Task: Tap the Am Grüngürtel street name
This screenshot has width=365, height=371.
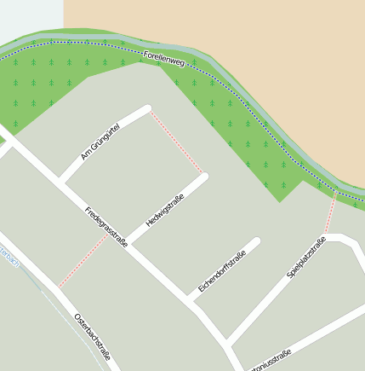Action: (x=100, y=141)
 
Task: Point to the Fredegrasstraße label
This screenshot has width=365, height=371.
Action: (x=106, y=227)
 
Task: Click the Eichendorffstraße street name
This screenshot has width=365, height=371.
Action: (x=222, y=272)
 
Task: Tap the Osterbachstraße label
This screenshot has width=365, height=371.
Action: (x=92, y=336)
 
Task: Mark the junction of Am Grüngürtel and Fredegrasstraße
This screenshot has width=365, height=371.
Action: (x=60, y=181)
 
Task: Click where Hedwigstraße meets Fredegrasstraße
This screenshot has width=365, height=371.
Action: (x=129, y=241)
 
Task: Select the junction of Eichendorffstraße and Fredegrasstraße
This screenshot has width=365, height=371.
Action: (x=191, y=298)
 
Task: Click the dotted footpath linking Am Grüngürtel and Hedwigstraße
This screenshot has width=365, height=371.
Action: (x=177, y=142)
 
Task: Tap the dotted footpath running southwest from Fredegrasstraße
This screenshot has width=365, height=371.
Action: (x=83, y=261)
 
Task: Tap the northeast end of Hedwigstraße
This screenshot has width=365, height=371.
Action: (x=204, y=177)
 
